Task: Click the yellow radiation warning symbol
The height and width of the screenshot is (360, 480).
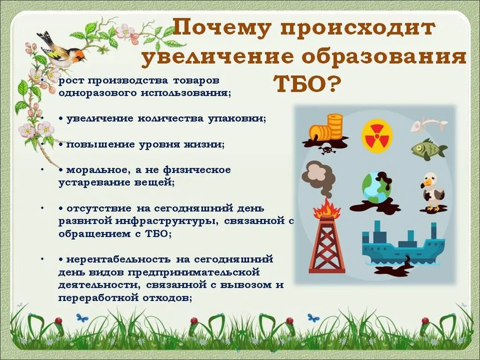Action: (x=377, y=135)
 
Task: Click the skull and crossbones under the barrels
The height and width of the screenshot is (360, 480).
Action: (x=325, y=150)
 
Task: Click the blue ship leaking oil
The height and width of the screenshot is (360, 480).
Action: (x=398, y=246)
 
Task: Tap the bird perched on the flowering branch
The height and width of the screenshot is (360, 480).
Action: (x=61, y=49)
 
